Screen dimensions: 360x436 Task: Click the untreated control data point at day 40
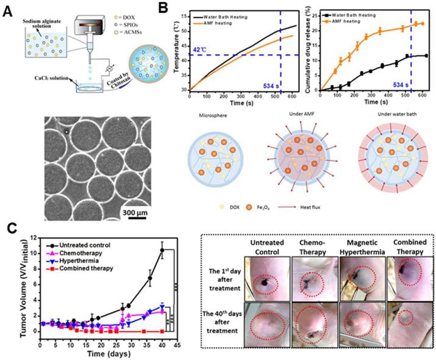coord(162,250)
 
